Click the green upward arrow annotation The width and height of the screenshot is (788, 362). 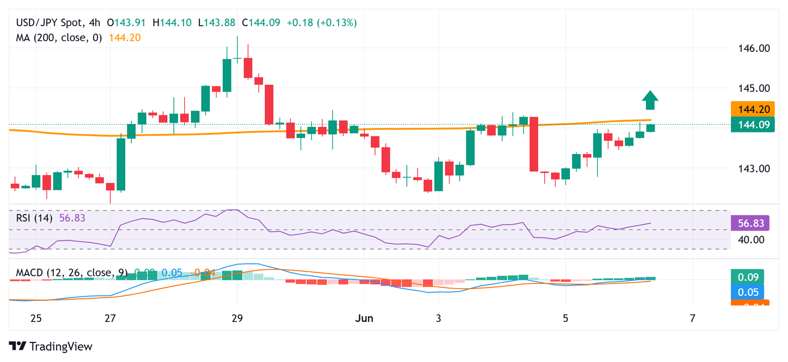click(650, 100)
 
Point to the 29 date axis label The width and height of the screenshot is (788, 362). click(237, 318)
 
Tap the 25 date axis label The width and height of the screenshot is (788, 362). click(35, 318)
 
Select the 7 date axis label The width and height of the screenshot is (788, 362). click(693, 318)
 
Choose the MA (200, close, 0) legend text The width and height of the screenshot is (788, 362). click(59, 37)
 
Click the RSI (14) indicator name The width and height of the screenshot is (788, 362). click(34, 218)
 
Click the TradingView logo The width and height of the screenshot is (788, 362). click(51, 347)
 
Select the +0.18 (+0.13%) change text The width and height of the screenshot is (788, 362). click(322, 23)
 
